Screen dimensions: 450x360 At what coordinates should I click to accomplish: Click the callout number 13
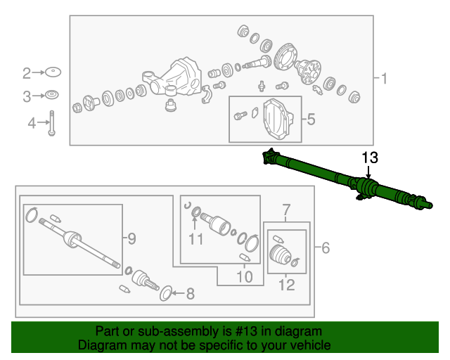tap(370, 158)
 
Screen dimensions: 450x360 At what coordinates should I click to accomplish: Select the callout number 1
tap(384, 78)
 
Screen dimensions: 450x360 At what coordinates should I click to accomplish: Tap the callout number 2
tap(27, 73)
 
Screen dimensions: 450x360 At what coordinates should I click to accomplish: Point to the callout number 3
tap(27, 97)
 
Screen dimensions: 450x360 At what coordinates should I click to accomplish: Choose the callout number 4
tap(32, 123)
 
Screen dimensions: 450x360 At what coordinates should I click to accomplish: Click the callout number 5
tap(311, 119)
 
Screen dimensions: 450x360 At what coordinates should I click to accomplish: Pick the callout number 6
tap(326, 247)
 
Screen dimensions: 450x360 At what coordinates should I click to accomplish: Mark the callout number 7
tap(286, 210)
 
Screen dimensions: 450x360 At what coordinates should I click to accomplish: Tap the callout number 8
tap(191, 294)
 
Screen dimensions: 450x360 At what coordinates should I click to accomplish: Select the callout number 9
tap(131, 238)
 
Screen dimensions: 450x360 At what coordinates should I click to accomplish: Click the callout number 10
tap(245, 277)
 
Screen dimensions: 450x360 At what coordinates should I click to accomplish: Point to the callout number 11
tap(196, 239)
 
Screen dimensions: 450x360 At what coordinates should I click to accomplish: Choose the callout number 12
tap(287, 285)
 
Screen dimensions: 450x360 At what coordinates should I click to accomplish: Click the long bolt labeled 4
tap(51, 123)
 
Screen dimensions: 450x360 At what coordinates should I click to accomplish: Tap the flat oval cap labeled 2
tap(53, 72)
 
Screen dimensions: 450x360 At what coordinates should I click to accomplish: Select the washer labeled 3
tap(52, 95)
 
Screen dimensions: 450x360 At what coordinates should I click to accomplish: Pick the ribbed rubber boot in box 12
tap(281, 254)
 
